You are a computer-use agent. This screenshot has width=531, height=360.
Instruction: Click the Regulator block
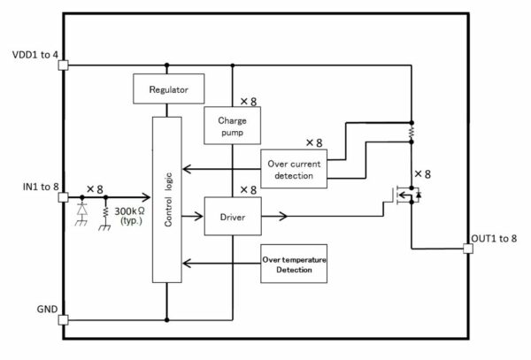click(x=169, y=88)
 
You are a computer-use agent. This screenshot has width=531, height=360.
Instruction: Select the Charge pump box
click(x=232, y=126)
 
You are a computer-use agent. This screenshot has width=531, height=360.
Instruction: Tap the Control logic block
click(x=167, y=200)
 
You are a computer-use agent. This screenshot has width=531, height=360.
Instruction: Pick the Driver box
click(x=233, y=216)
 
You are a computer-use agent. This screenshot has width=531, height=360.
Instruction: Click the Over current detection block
click(x=294, y=168)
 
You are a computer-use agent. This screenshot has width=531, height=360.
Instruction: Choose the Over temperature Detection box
click(x=294, y=264)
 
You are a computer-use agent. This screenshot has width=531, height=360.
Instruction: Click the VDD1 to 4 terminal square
click(x=64, y=65)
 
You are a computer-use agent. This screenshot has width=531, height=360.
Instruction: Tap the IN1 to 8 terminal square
click(x=64, y=197)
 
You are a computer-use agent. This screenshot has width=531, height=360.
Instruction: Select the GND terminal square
click(x=64, y=319)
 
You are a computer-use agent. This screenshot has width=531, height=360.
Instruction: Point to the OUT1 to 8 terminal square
click(x=468, y=249)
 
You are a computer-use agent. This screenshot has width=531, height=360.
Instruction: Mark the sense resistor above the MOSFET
click(x=412, y=133)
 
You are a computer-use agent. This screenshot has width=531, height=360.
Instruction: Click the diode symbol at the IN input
click(x=81, y=210)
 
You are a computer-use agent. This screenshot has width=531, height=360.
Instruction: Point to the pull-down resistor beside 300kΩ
click(x=105, y=211)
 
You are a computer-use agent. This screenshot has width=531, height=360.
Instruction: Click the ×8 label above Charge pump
click(x=249, y=101)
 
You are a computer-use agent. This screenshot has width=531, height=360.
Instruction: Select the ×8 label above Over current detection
click(x=314, y=142)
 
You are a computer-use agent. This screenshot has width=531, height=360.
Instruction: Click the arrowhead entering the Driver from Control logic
click(x=198, y=216)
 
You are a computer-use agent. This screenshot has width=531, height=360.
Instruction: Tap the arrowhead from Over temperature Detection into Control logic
click(x=187, y=264)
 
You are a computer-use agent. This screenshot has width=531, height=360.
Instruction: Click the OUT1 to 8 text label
click(x=494, y=239)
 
